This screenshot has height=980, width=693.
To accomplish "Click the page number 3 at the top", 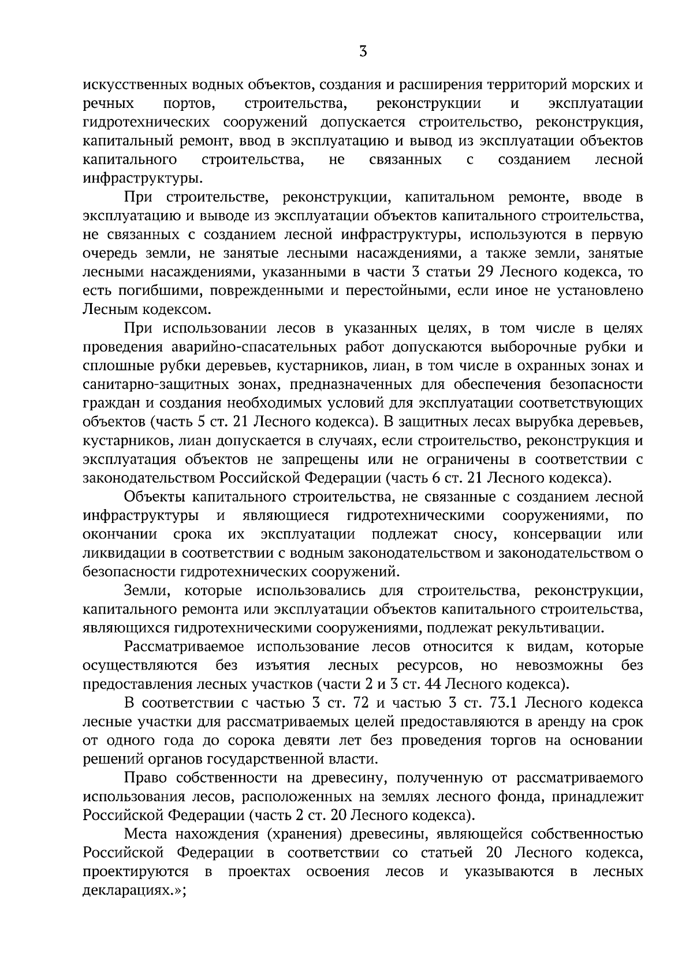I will point(363,52).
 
